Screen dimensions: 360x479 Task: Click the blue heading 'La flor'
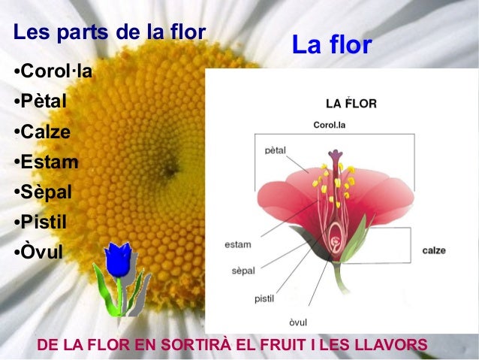point(332,45)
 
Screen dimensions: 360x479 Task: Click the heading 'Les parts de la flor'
point(110,33)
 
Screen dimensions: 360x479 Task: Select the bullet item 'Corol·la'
point(53,72)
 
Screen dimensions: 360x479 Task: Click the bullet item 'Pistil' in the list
point(42,222)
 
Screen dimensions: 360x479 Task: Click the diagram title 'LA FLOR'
point(351,104)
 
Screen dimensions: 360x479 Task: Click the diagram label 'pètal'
point(276,150)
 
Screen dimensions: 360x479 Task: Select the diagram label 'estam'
point(238,244)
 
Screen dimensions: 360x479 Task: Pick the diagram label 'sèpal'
point(241,268)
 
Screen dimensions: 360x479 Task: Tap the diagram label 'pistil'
point(264,298)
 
